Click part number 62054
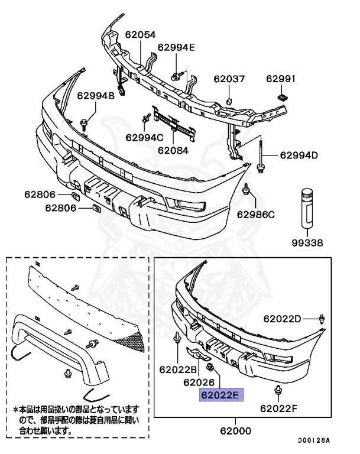click(140, 35)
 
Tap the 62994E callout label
click(176, 48)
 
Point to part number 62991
click(281, 78)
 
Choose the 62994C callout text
click(144, 137)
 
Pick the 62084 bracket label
click(173, 150)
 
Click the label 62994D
click(299, 155)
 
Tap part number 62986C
click(257, 213)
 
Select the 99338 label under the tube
click(308, 242)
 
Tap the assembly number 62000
click(235, 431)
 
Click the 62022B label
click(173, 369)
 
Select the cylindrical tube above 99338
click(307, 207)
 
